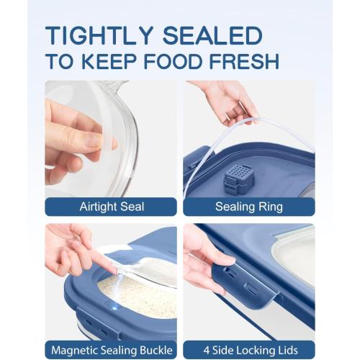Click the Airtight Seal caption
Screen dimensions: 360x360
point(111,207)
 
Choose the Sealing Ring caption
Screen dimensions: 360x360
point(249,207)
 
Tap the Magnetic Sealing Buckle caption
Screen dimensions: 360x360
point(111,351)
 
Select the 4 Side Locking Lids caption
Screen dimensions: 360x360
point(249,351)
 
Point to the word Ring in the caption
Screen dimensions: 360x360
point(270,207)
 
